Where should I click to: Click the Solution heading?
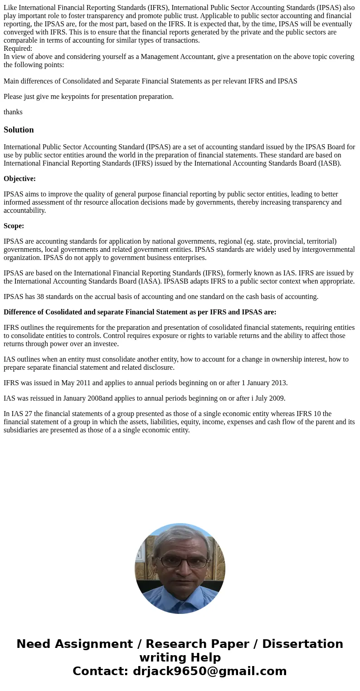(x=19, y=130)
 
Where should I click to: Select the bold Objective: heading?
(x=19, y=179)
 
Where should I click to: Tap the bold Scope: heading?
(x=14, y=226)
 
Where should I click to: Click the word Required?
(x=18, y=49)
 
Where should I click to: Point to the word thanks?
(x=13, y=112)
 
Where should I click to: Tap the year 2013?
(x=278, y=383)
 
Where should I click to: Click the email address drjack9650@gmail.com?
(x=209, y=671)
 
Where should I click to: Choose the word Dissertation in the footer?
(x=302, y=644)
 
